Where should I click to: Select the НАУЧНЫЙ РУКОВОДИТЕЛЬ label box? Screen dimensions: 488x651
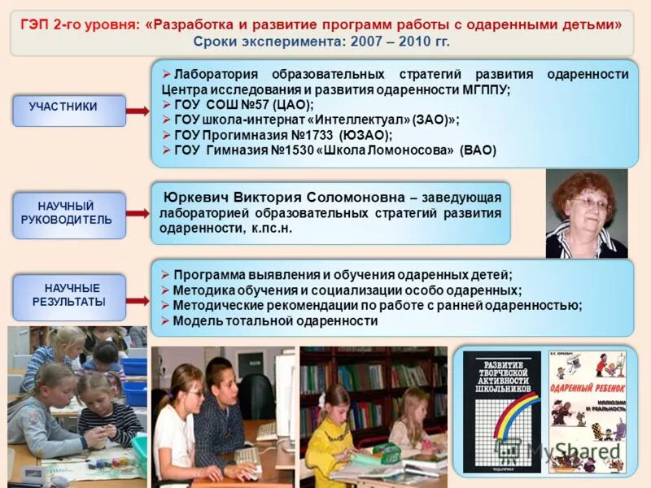click(x=68, y=214)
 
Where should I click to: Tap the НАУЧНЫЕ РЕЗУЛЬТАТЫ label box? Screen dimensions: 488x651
click(x=68, y=295)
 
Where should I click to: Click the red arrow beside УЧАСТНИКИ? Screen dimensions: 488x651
click(x=138, y=111)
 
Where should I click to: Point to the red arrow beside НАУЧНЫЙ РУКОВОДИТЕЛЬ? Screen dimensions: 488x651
click(x=138, y=213)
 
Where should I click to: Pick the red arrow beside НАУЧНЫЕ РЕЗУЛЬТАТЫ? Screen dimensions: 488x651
click(x=138, y=300)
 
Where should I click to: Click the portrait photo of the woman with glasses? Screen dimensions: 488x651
click(x=586, y=213)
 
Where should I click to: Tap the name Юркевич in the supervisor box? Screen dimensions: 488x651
click(x=196, y=198)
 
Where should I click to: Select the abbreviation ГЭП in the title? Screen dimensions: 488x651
click(x=37, y=24)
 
